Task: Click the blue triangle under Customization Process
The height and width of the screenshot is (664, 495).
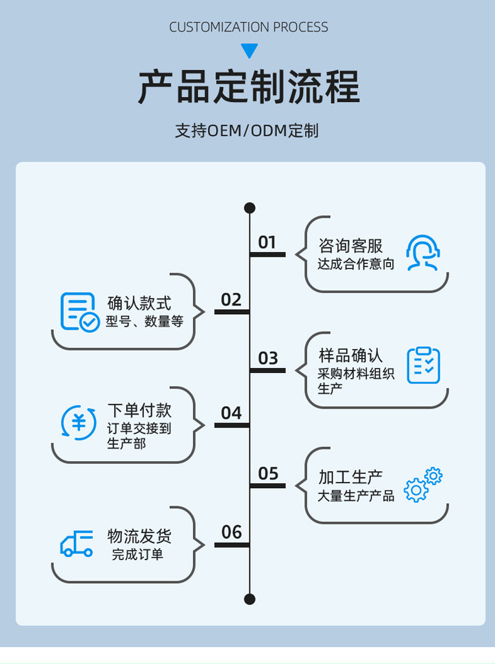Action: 249,51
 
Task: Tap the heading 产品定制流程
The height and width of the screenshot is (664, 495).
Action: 249,87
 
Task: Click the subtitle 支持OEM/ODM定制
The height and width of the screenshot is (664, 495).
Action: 247,131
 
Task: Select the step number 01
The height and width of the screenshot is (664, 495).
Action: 267,242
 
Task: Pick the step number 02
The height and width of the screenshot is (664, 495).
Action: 231,300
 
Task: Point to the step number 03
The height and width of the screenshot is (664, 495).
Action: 268,358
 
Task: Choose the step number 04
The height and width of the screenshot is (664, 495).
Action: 231,413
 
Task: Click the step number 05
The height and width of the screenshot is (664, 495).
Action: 268,474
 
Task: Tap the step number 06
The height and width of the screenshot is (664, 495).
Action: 231,533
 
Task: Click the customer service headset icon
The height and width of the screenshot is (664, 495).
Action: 423,253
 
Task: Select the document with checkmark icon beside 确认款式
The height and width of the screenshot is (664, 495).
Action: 80,312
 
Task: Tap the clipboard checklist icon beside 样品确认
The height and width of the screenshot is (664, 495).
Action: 424,365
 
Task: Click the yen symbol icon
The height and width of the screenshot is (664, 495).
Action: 79,422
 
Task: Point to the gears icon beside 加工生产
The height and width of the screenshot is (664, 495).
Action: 423,484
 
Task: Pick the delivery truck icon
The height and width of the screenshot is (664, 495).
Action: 76,544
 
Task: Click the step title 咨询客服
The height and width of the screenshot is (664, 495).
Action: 350,246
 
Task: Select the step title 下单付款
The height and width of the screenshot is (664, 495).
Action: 139,411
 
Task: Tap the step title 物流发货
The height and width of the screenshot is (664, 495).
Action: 139,536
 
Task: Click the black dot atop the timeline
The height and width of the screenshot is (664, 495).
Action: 249,208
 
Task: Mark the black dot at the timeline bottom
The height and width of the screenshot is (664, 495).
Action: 249,599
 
